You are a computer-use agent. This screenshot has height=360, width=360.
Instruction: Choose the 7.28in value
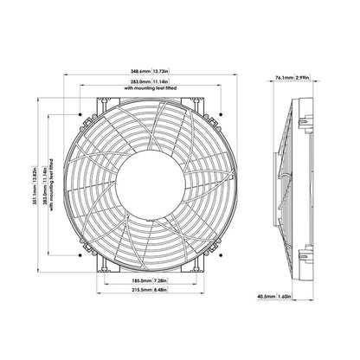164,281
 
